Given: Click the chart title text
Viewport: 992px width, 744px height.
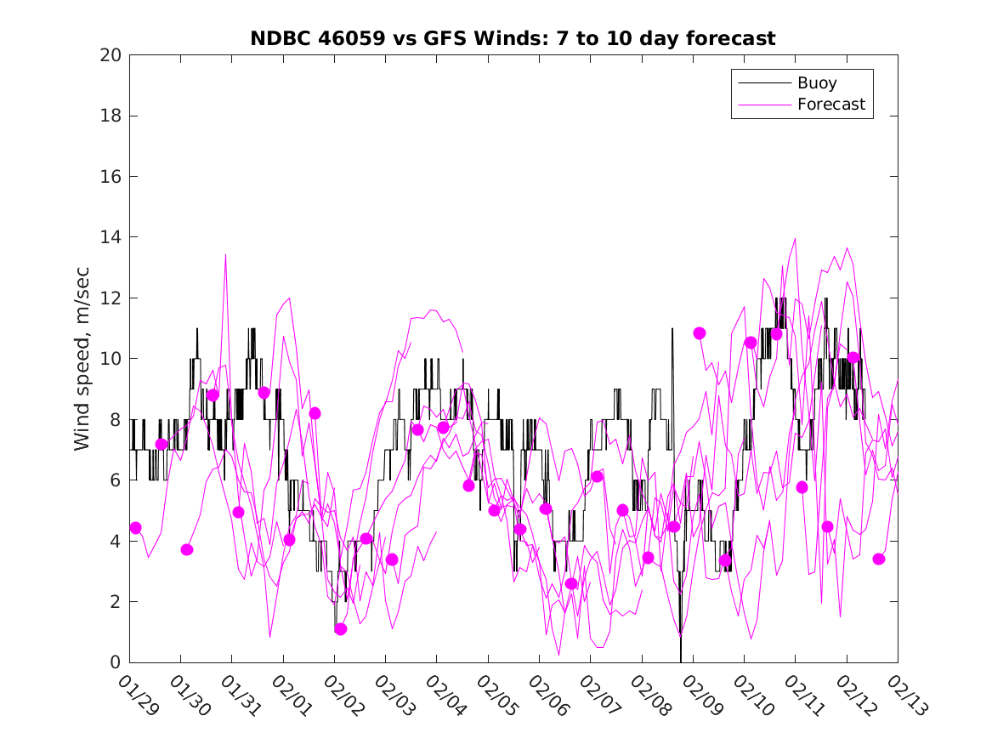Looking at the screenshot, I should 513,38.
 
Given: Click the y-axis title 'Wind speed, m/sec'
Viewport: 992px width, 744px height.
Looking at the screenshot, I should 82,359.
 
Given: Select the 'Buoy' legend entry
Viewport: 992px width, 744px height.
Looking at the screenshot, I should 816,83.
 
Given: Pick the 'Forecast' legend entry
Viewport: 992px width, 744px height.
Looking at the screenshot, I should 830,105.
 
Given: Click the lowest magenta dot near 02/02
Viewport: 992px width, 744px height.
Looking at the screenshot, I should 341,629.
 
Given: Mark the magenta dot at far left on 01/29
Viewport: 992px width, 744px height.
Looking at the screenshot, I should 135,528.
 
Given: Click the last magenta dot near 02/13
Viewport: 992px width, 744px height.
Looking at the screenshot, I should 879,559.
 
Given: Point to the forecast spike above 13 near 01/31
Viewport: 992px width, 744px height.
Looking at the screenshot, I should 225,254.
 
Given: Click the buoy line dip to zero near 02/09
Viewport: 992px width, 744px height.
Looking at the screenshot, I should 681,660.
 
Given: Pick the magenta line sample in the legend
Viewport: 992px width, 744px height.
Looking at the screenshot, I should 762,105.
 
